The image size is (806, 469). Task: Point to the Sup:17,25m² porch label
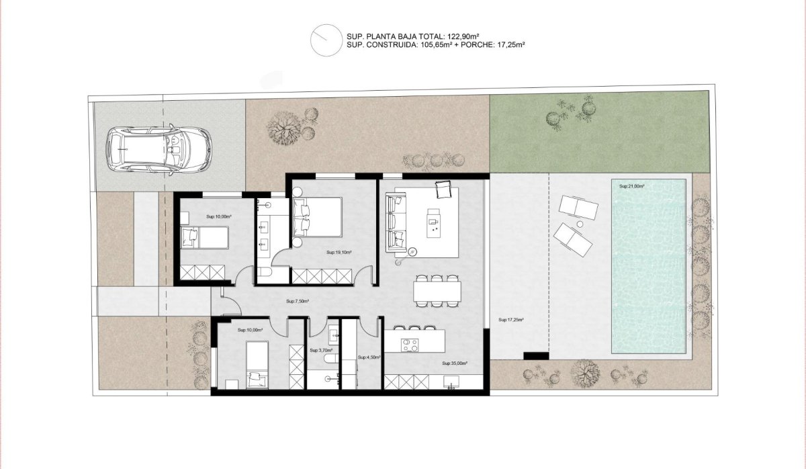510,320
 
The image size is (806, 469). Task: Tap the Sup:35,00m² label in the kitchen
455,364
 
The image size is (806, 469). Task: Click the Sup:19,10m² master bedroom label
339,253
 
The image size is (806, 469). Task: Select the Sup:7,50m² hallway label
298,301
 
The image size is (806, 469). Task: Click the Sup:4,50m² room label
369,357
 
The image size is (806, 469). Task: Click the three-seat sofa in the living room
396,222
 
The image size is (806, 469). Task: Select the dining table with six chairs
437,291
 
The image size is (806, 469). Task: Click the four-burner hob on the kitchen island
410,345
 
